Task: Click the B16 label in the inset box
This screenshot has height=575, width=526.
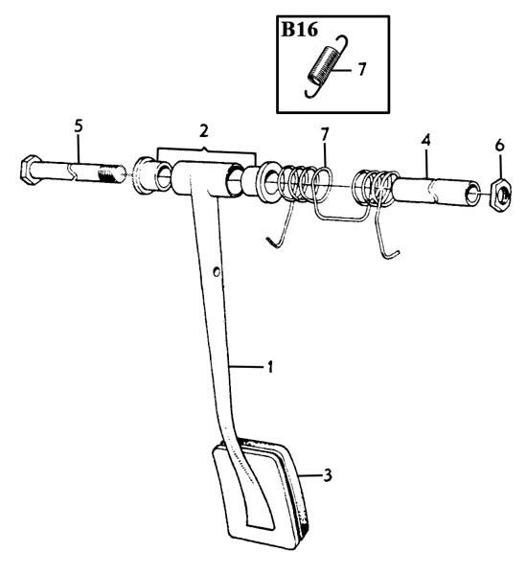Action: (299, 30)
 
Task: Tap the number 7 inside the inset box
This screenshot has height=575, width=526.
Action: (362, 69)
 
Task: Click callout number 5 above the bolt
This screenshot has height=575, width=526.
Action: (79, 126)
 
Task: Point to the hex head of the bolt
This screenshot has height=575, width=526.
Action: (31, 170)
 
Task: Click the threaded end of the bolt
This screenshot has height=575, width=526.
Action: (112, 174)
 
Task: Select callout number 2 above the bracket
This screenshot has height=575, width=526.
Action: (204, 131)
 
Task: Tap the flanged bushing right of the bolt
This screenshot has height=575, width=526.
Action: (151, 175)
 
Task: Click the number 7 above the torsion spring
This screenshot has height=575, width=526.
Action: (325, 134)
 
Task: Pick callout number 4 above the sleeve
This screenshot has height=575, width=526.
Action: (425, 140)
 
